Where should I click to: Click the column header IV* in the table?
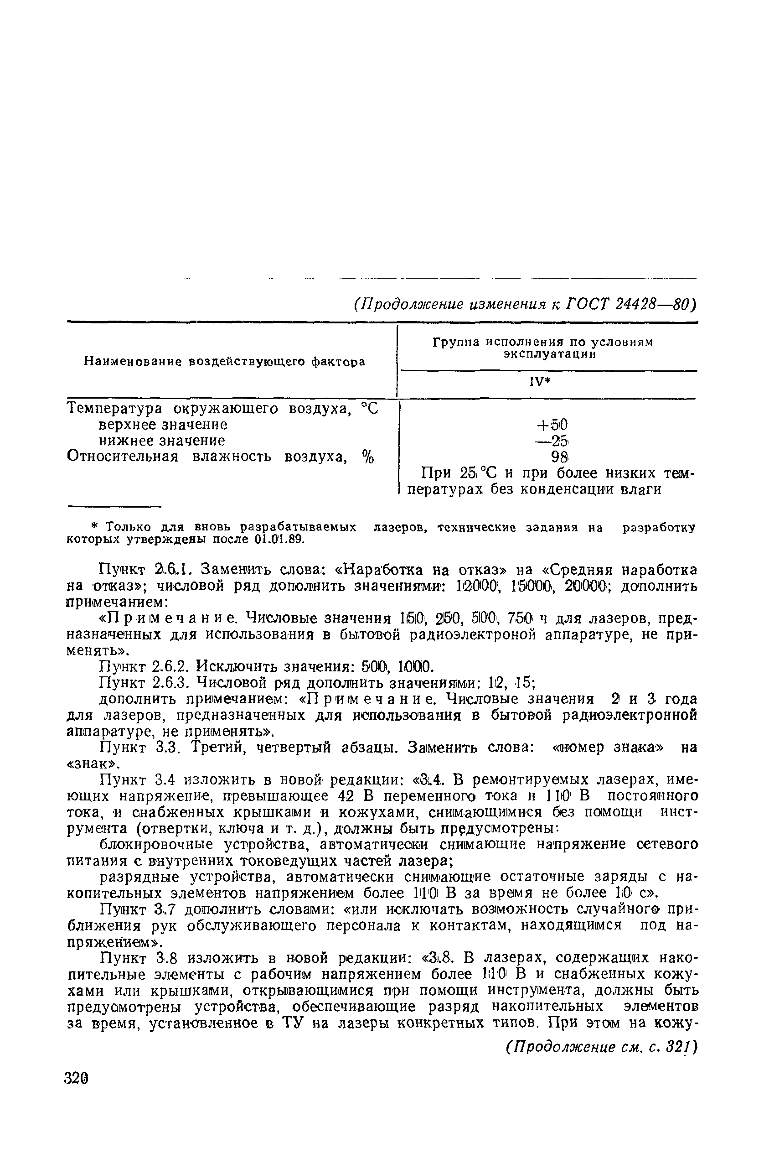point(547,383)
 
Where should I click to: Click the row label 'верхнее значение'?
point(163,425)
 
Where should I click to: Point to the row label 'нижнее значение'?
point(162,441)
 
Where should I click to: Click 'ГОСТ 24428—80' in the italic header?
point(630,304)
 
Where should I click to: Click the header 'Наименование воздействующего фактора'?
point(225,362)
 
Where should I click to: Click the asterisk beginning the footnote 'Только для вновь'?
point(96,527)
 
